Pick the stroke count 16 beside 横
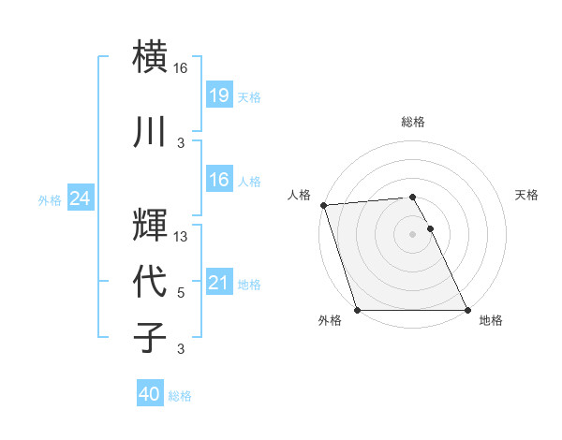click(x=181, y=68)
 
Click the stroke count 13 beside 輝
click(x=181, y=237)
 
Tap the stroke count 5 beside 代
click(x=181, y=293)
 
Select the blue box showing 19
click(x=218, y=95)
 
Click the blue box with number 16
click(x=218, y=179)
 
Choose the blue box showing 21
click(x=218, y=282)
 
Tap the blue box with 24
click(x=80, y=198)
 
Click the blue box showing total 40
click(x=150, y=394)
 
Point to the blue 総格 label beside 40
click(x=181, y=396)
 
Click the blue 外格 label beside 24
click(x=50, y=199)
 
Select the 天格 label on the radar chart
click(x=526, y=195)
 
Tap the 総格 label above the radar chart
click(x=412, y=122)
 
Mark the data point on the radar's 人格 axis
click(x=323, y=205)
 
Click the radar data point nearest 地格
click(x=467, y=310)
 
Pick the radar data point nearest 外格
click(x=357, y=310)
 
